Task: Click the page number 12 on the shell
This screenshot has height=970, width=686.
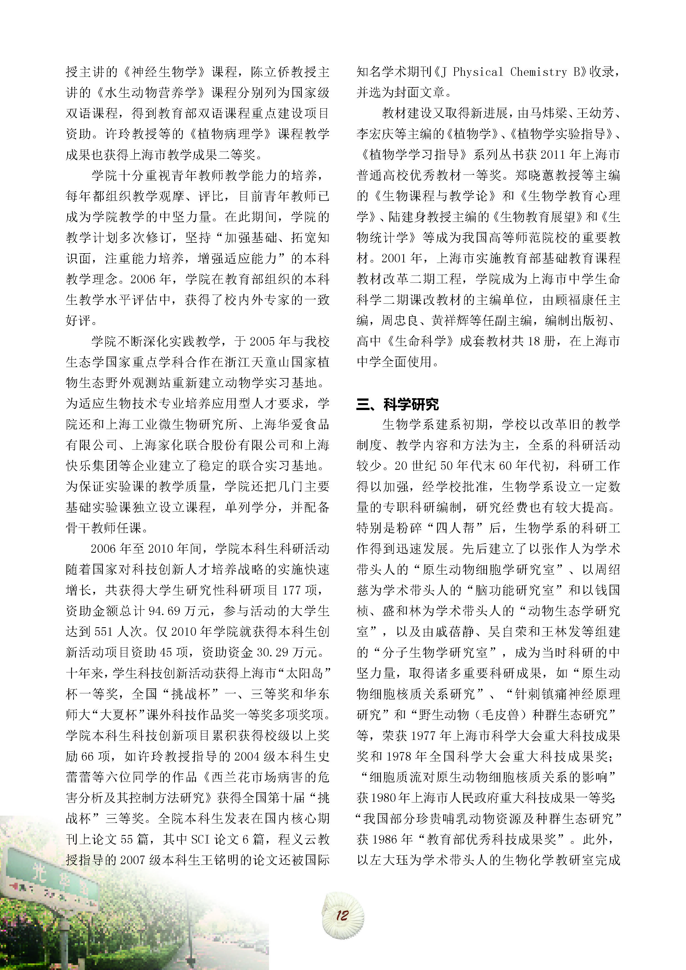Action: [x=342, y=915]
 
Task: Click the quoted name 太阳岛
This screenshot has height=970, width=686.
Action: [x=308, y=673]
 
